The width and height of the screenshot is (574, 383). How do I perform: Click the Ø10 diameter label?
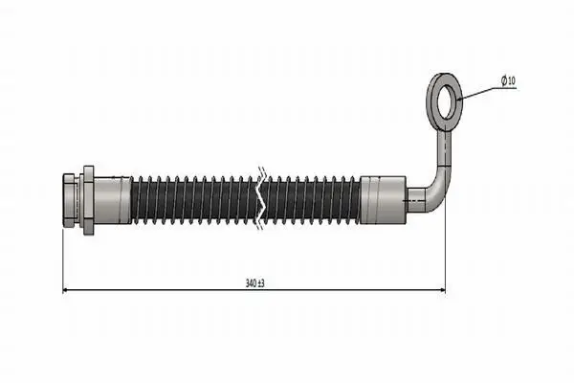pyautogui.click(x=509, y=80)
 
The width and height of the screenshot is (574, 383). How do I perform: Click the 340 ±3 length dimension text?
pyautogui.click(x=255, y=283)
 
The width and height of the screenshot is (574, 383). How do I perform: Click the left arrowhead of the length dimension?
pyautogui.click(x=66, y=290)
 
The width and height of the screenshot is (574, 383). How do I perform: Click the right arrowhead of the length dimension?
pyautogui.click(x=442, y=290)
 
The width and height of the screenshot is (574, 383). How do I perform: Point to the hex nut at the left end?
pyautogui.click(x=70, y=200)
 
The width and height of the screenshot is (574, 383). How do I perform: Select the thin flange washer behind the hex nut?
pyautogui.click(x=89, y=200)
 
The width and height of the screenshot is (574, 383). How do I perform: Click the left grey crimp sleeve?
pyautogui.click(x=112, y=200)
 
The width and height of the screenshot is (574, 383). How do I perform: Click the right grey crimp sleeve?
pyautogui.click(x=384, y=200)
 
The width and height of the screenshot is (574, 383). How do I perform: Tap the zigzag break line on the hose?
pyautogui.click(x=262, y=198)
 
